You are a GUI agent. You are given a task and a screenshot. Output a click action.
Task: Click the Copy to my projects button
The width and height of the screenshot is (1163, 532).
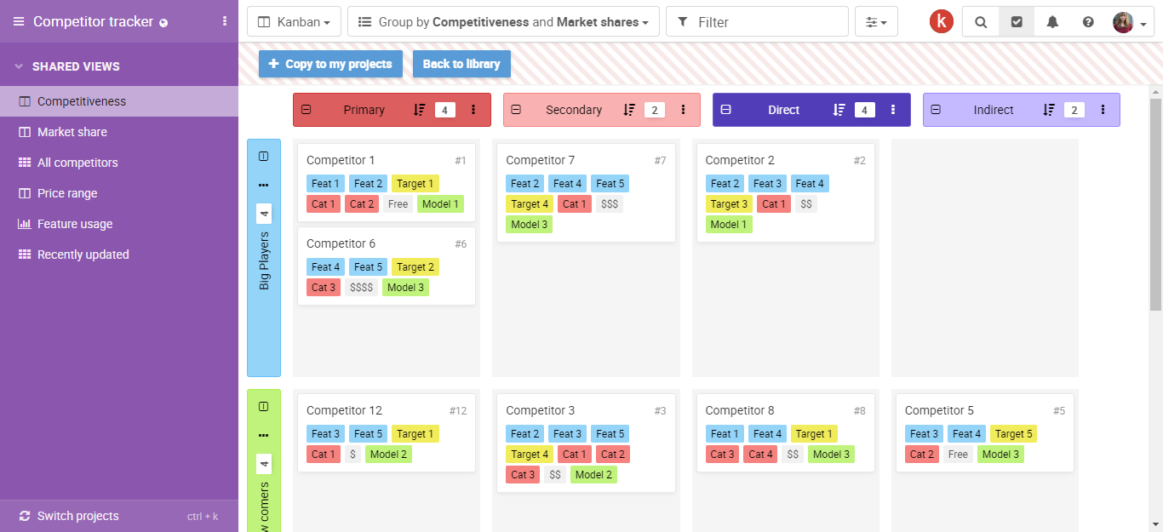[330, 64]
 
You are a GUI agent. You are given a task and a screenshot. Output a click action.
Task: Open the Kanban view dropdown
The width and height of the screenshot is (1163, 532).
[294, 22]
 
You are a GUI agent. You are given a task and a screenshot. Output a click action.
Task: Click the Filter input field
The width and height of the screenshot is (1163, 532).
[757, 22]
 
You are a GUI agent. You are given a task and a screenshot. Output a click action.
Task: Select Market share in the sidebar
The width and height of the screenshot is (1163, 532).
[72, 132]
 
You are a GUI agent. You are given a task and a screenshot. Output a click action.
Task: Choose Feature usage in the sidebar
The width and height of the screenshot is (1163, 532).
[75, 224]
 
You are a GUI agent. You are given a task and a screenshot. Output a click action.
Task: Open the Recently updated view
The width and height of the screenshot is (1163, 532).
[83, 255]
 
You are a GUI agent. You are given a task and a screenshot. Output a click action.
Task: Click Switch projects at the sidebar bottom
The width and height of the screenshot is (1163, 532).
[77, 516]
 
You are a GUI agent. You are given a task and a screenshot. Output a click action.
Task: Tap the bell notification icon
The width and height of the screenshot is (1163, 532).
[1052, 22]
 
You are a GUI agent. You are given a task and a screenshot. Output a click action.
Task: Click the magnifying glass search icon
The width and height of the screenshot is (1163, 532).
[980, 22]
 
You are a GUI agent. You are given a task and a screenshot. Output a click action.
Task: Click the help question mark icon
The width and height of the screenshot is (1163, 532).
[1088, 22]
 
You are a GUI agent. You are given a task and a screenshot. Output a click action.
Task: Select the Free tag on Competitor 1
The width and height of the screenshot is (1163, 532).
[398, 204]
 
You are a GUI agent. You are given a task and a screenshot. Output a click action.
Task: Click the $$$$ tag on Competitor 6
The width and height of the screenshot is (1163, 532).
[361, 288]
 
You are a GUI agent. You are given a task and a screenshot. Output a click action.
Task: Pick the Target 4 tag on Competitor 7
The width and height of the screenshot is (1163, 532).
[530, 204]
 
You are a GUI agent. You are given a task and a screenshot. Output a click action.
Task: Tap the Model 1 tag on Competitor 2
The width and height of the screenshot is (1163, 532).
[729, 224]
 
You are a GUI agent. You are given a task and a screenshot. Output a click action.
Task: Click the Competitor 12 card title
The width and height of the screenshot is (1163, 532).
[344, 410]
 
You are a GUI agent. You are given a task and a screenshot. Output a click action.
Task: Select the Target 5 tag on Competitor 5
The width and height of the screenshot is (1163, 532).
[1013, 434]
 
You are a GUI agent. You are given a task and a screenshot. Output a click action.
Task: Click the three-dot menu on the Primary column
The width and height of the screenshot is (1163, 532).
[473, 110]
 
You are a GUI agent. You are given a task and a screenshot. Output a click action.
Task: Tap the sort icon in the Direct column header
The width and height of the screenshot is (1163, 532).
[839, 110]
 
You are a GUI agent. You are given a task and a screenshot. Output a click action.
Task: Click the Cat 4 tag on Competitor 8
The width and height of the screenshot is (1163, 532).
[760, 455]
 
